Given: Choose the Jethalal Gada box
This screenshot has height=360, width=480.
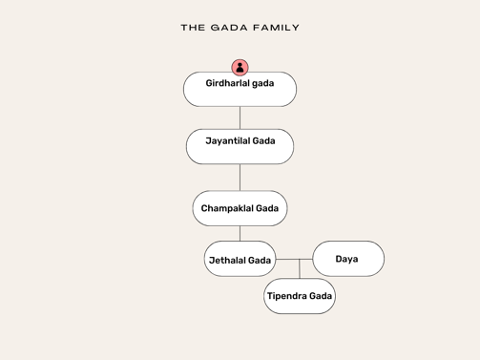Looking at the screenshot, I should (240, 260).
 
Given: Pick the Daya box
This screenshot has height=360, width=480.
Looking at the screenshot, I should (348, 259).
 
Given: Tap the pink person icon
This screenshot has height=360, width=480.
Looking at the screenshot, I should (240, 67).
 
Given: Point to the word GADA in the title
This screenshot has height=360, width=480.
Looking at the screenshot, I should (229, 28).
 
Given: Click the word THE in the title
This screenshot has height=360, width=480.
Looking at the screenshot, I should (192, 28).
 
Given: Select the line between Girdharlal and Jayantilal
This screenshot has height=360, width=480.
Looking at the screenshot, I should (240, 117).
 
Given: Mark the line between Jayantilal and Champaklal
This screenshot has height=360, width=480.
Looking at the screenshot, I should (240, 177).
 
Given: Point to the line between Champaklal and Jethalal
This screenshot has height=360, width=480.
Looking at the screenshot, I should (240, 233).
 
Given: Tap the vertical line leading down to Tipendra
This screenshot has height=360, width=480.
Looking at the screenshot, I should (300, 269).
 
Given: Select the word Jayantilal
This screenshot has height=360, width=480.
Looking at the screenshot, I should (227, 140).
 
